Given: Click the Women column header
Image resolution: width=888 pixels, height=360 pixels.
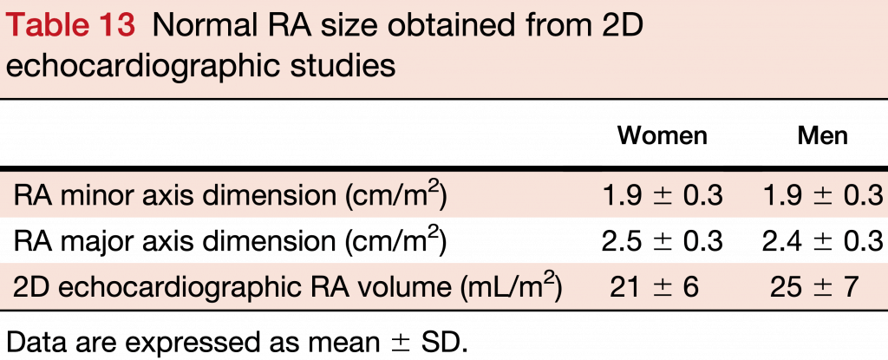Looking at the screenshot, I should pyautogui.click(x=662, y=136).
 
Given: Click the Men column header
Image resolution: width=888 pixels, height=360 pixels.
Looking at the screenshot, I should pyautogui.click(x=822, y=136).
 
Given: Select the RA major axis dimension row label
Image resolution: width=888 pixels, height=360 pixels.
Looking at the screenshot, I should pyautogui.click(x=230, y=240).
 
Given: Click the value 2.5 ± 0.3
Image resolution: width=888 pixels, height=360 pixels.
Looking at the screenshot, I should pyautogui.click(x=663, y=241).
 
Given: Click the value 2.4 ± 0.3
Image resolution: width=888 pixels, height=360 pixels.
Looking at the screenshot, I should pyautogui.click(x=823, y=241).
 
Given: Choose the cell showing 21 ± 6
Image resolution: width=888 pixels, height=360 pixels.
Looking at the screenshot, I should pyautogui.click(x=663, y=287).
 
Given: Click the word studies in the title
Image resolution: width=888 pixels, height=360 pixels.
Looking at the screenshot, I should pyautogui.click(x=343, y=65).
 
